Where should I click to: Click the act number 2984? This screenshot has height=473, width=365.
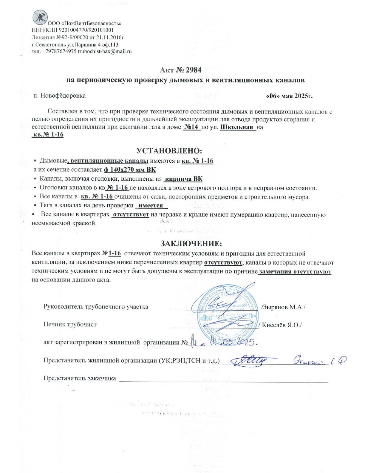(193, 70)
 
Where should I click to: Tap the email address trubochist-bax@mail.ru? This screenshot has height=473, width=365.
(105, 51)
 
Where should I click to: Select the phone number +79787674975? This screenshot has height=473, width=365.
(59, 51)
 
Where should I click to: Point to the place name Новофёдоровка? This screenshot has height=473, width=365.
(63, 96)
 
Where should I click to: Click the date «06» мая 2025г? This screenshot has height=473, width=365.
(289, 96)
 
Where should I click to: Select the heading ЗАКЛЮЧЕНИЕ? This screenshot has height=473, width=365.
(191, 243)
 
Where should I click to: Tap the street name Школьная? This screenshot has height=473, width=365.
(238, 127)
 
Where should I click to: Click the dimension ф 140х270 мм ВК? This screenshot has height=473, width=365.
(130, 170)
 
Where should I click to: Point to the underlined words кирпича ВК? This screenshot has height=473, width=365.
(183, 179)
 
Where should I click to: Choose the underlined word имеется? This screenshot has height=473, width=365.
(151, 205)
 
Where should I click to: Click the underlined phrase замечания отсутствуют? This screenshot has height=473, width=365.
(295, 272)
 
